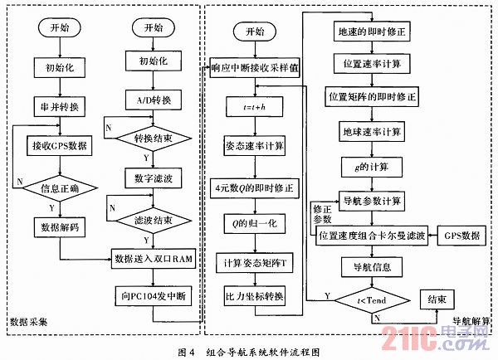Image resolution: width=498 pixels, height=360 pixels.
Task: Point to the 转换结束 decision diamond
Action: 154,139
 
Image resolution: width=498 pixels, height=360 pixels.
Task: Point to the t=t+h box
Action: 254,107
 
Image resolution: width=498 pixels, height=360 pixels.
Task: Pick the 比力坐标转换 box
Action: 254,297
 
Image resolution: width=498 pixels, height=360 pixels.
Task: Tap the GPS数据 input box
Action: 460,236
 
